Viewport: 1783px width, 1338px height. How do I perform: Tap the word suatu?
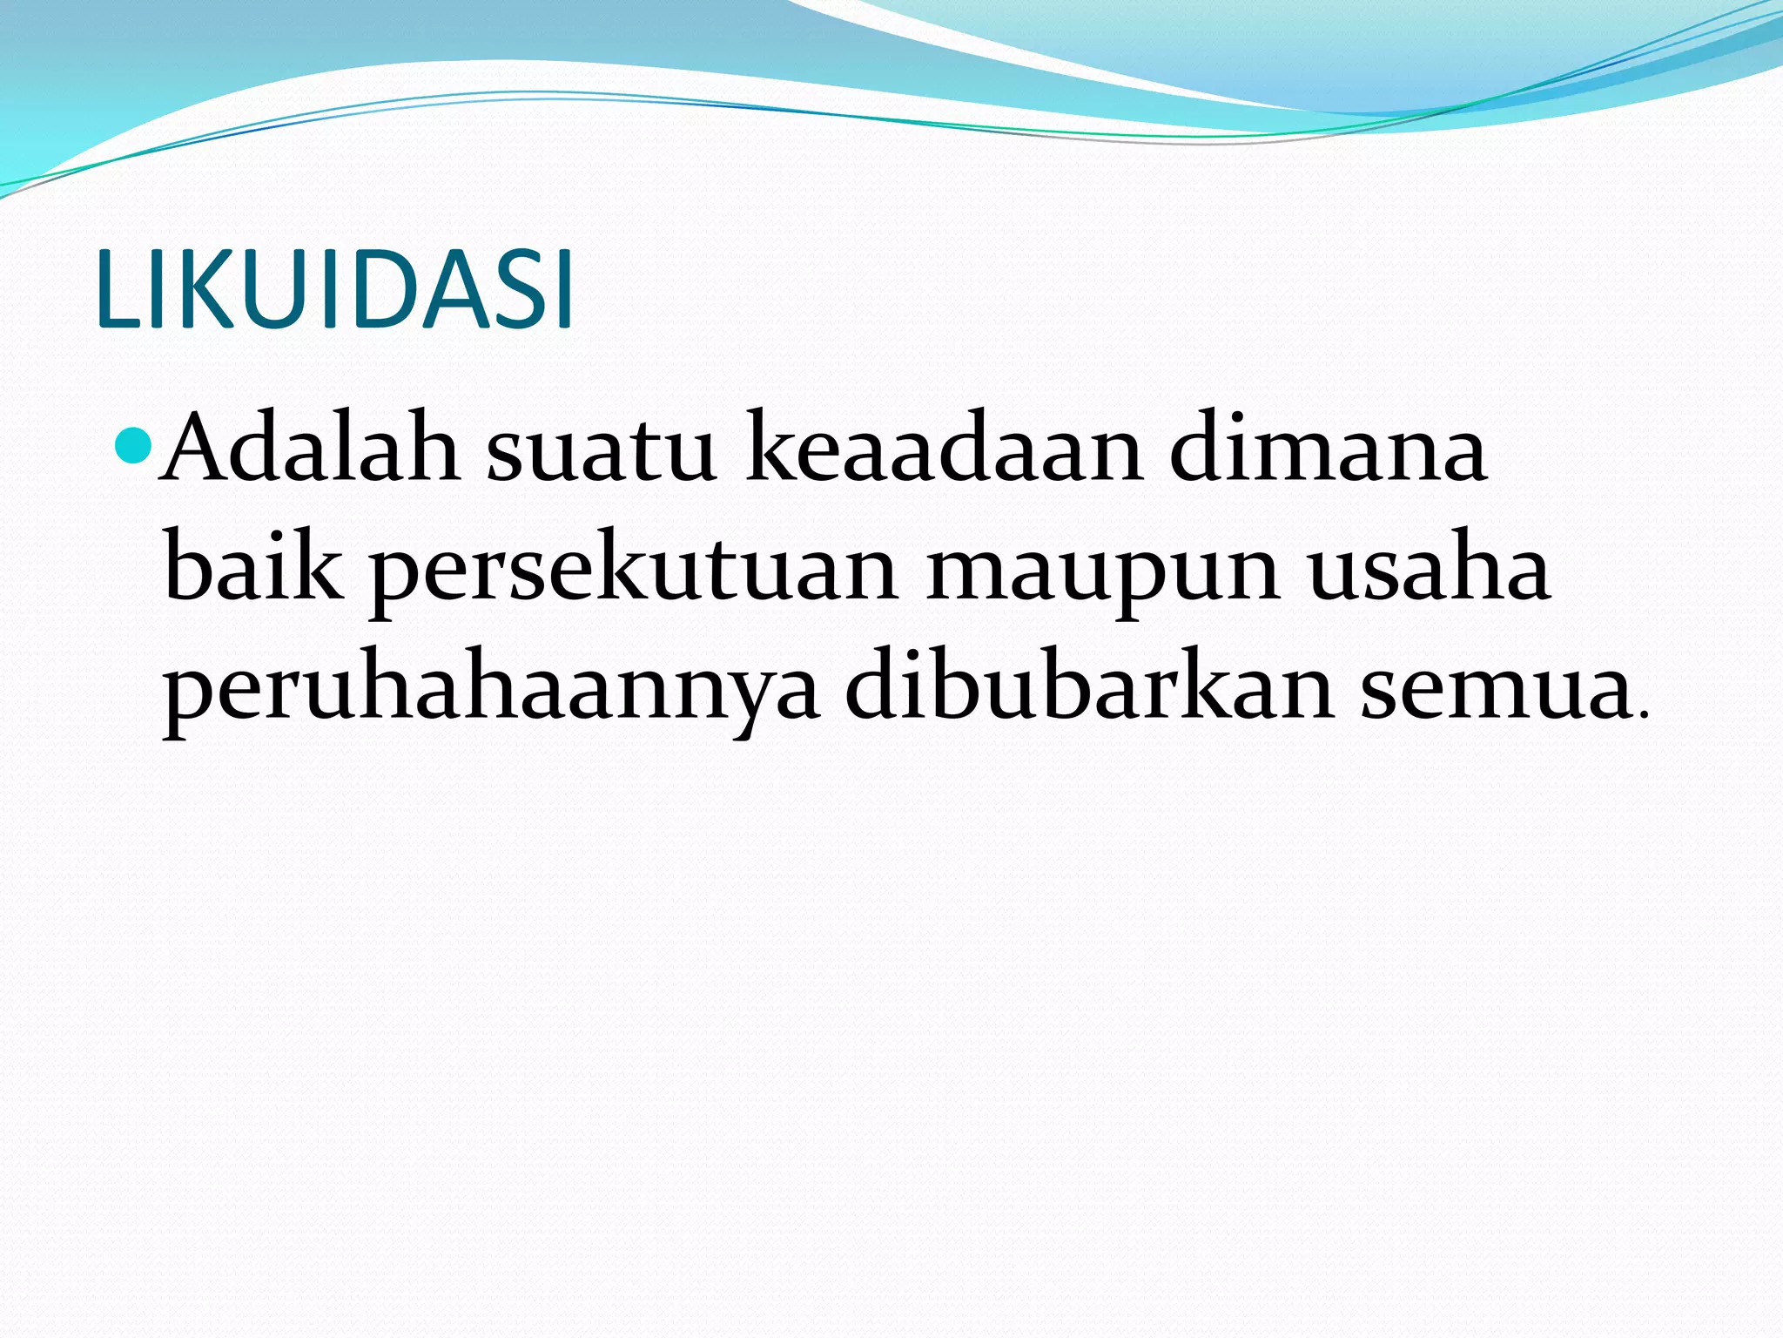601,455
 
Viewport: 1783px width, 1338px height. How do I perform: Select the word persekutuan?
635,575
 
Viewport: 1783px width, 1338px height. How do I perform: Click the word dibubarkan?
1090,688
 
